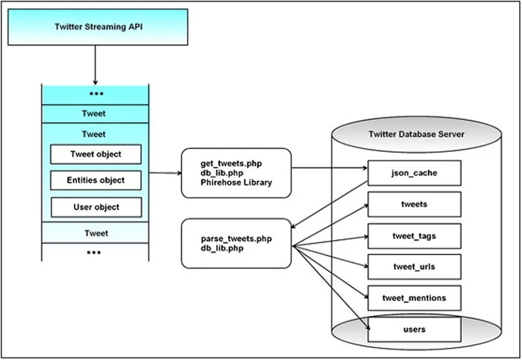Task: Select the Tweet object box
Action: coord(95,154)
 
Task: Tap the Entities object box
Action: coord(95,180)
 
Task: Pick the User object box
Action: coord(95,206)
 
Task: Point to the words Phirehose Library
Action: coord(236,183)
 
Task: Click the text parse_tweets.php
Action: coord(236,239)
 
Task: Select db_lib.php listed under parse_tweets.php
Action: coord(221,249)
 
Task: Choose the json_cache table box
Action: coord(414,173)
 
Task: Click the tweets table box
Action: coord(414,204)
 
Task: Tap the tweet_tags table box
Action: coord(414,236)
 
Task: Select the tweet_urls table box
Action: coord(414,266)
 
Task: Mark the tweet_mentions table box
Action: coord(414,297)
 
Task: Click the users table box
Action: coord(414,328)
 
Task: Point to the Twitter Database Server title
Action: coord(416,134)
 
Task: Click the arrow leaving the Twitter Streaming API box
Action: coord(95,63)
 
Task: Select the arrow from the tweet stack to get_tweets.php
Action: coord(165,173)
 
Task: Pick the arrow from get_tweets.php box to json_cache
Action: coord(328,168)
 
